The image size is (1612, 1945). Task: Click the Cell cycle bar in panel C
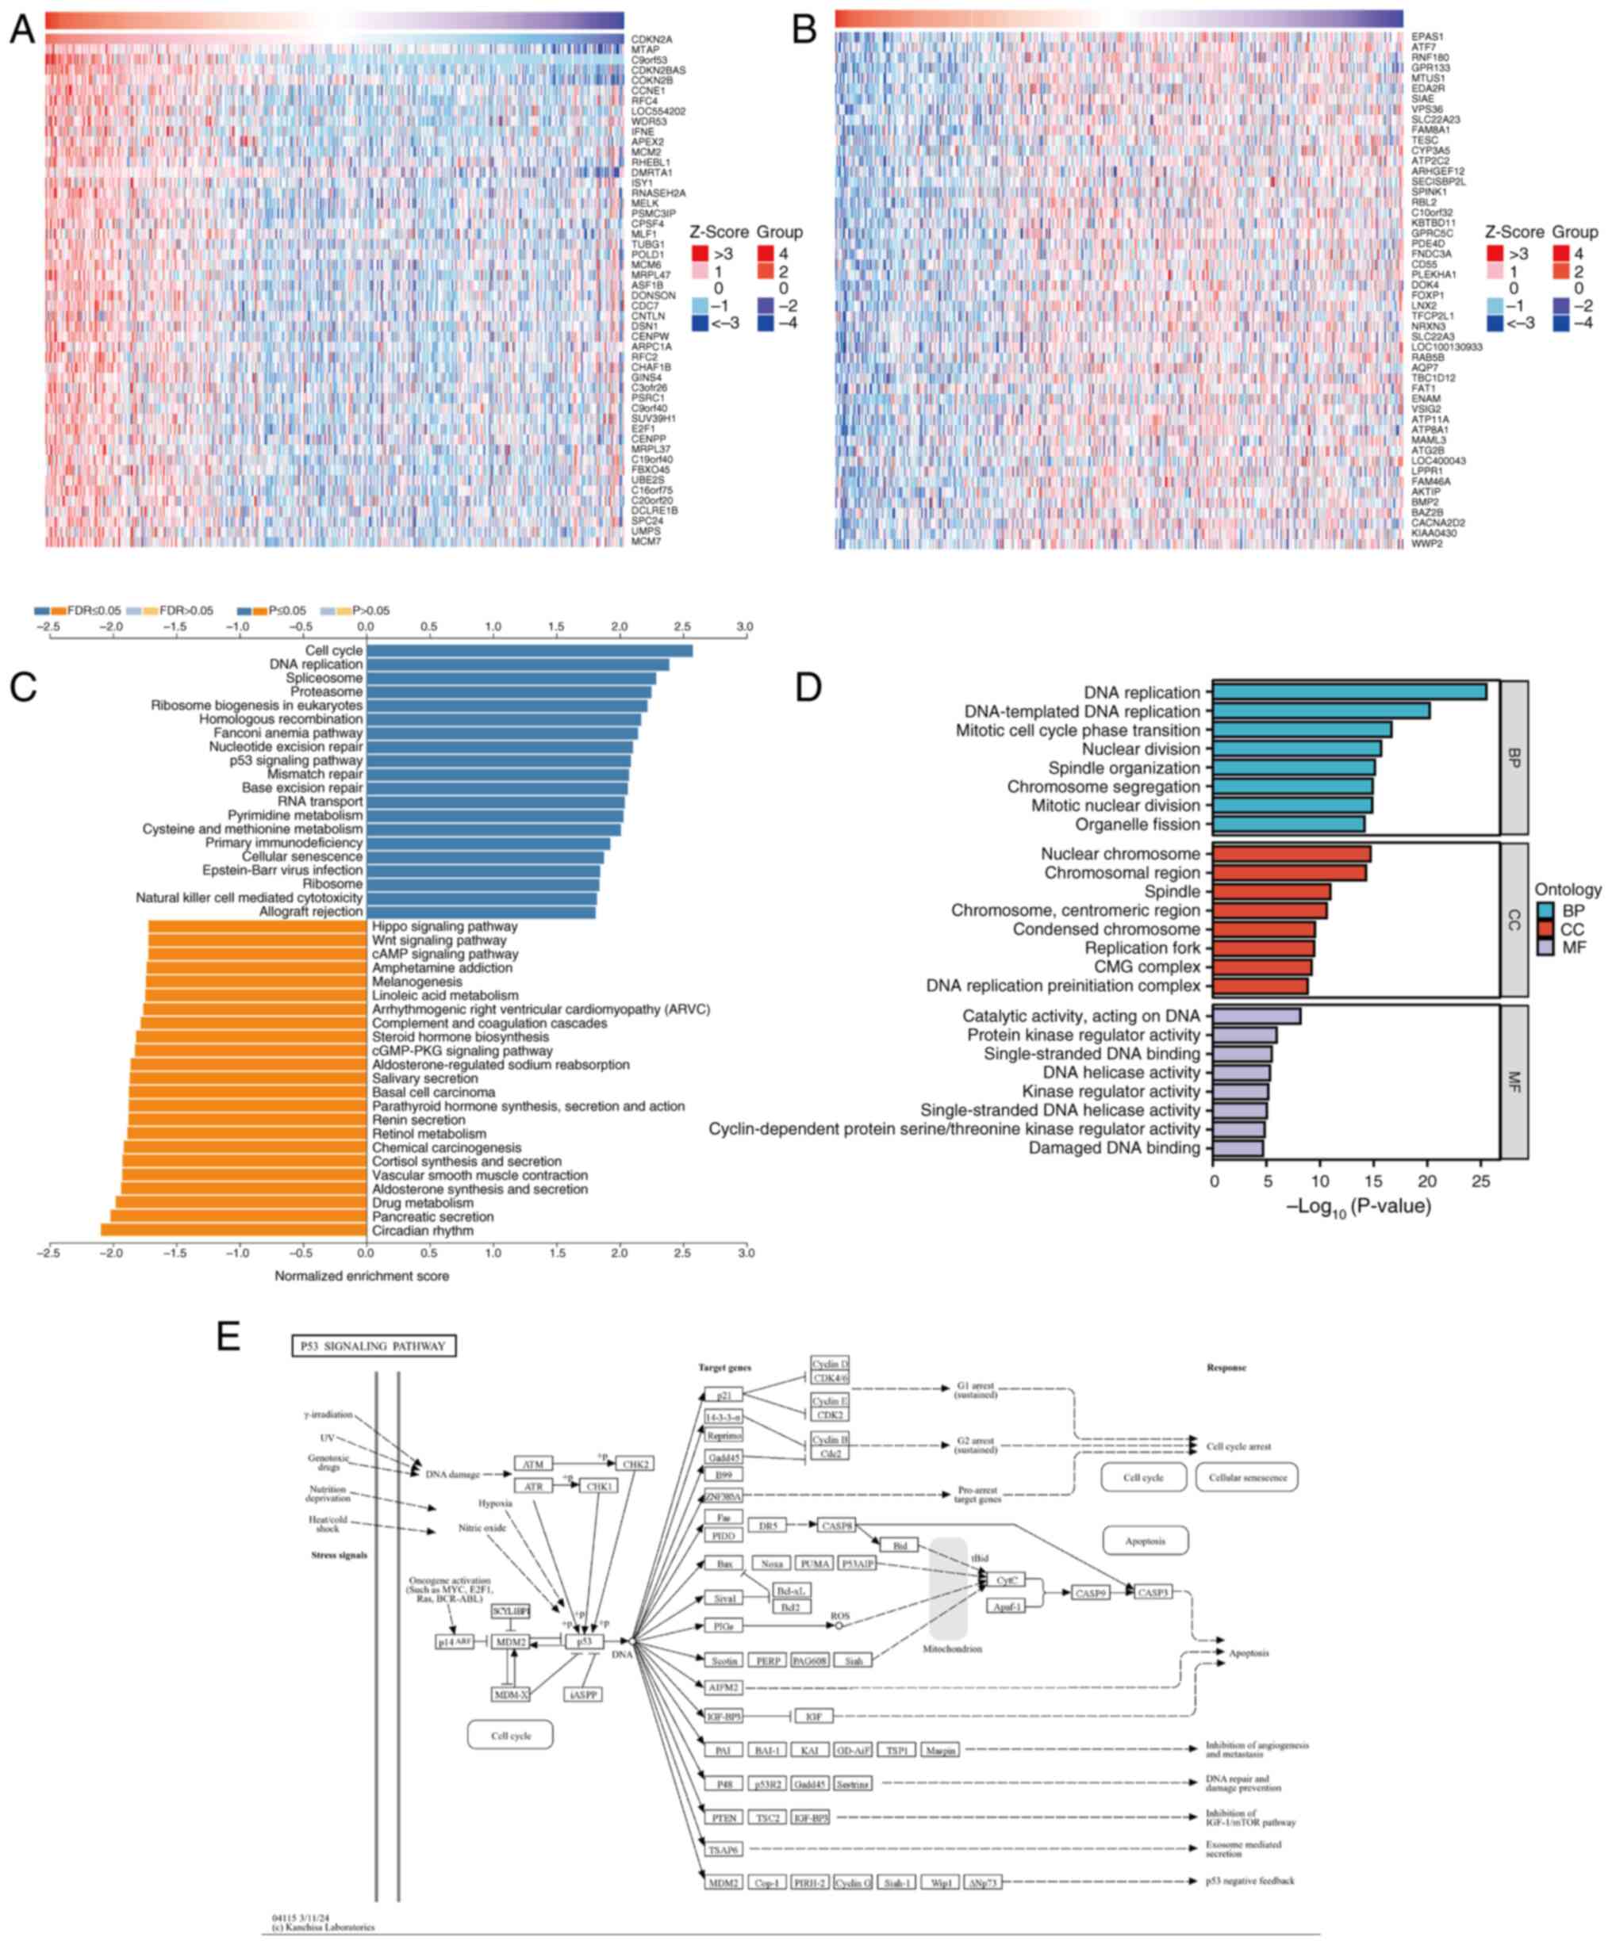coord(529,651)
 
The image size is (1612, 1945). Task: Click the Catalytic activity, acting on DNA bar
coord(1257,1016)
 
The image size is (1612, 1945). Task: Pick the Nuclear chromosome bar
coord(1292,854)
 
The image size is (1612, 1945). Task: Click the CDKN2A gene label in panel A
coord(652,40)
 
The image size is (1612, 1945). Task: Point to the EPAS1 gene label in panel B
coord(1428,37)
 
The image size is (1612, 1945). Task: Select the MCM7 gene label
coord(646,541)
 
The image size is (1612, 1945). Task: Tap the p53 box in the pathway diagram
coord(585,1641)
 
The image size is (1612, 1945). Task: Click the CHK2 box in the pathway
coord(635,1464)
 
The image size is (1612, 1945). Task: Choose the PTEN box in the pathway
coord(723,1818)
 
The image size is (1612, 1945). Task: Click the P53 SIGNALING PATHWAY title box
coord(374,1346)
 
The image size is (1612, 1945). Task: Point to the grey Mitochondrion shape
coord(949,1588)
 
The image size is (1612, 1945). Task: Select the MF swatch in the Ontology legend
coord(1545,948)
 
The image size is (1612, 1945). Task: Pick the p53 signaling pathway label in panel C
coord(296,760)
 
